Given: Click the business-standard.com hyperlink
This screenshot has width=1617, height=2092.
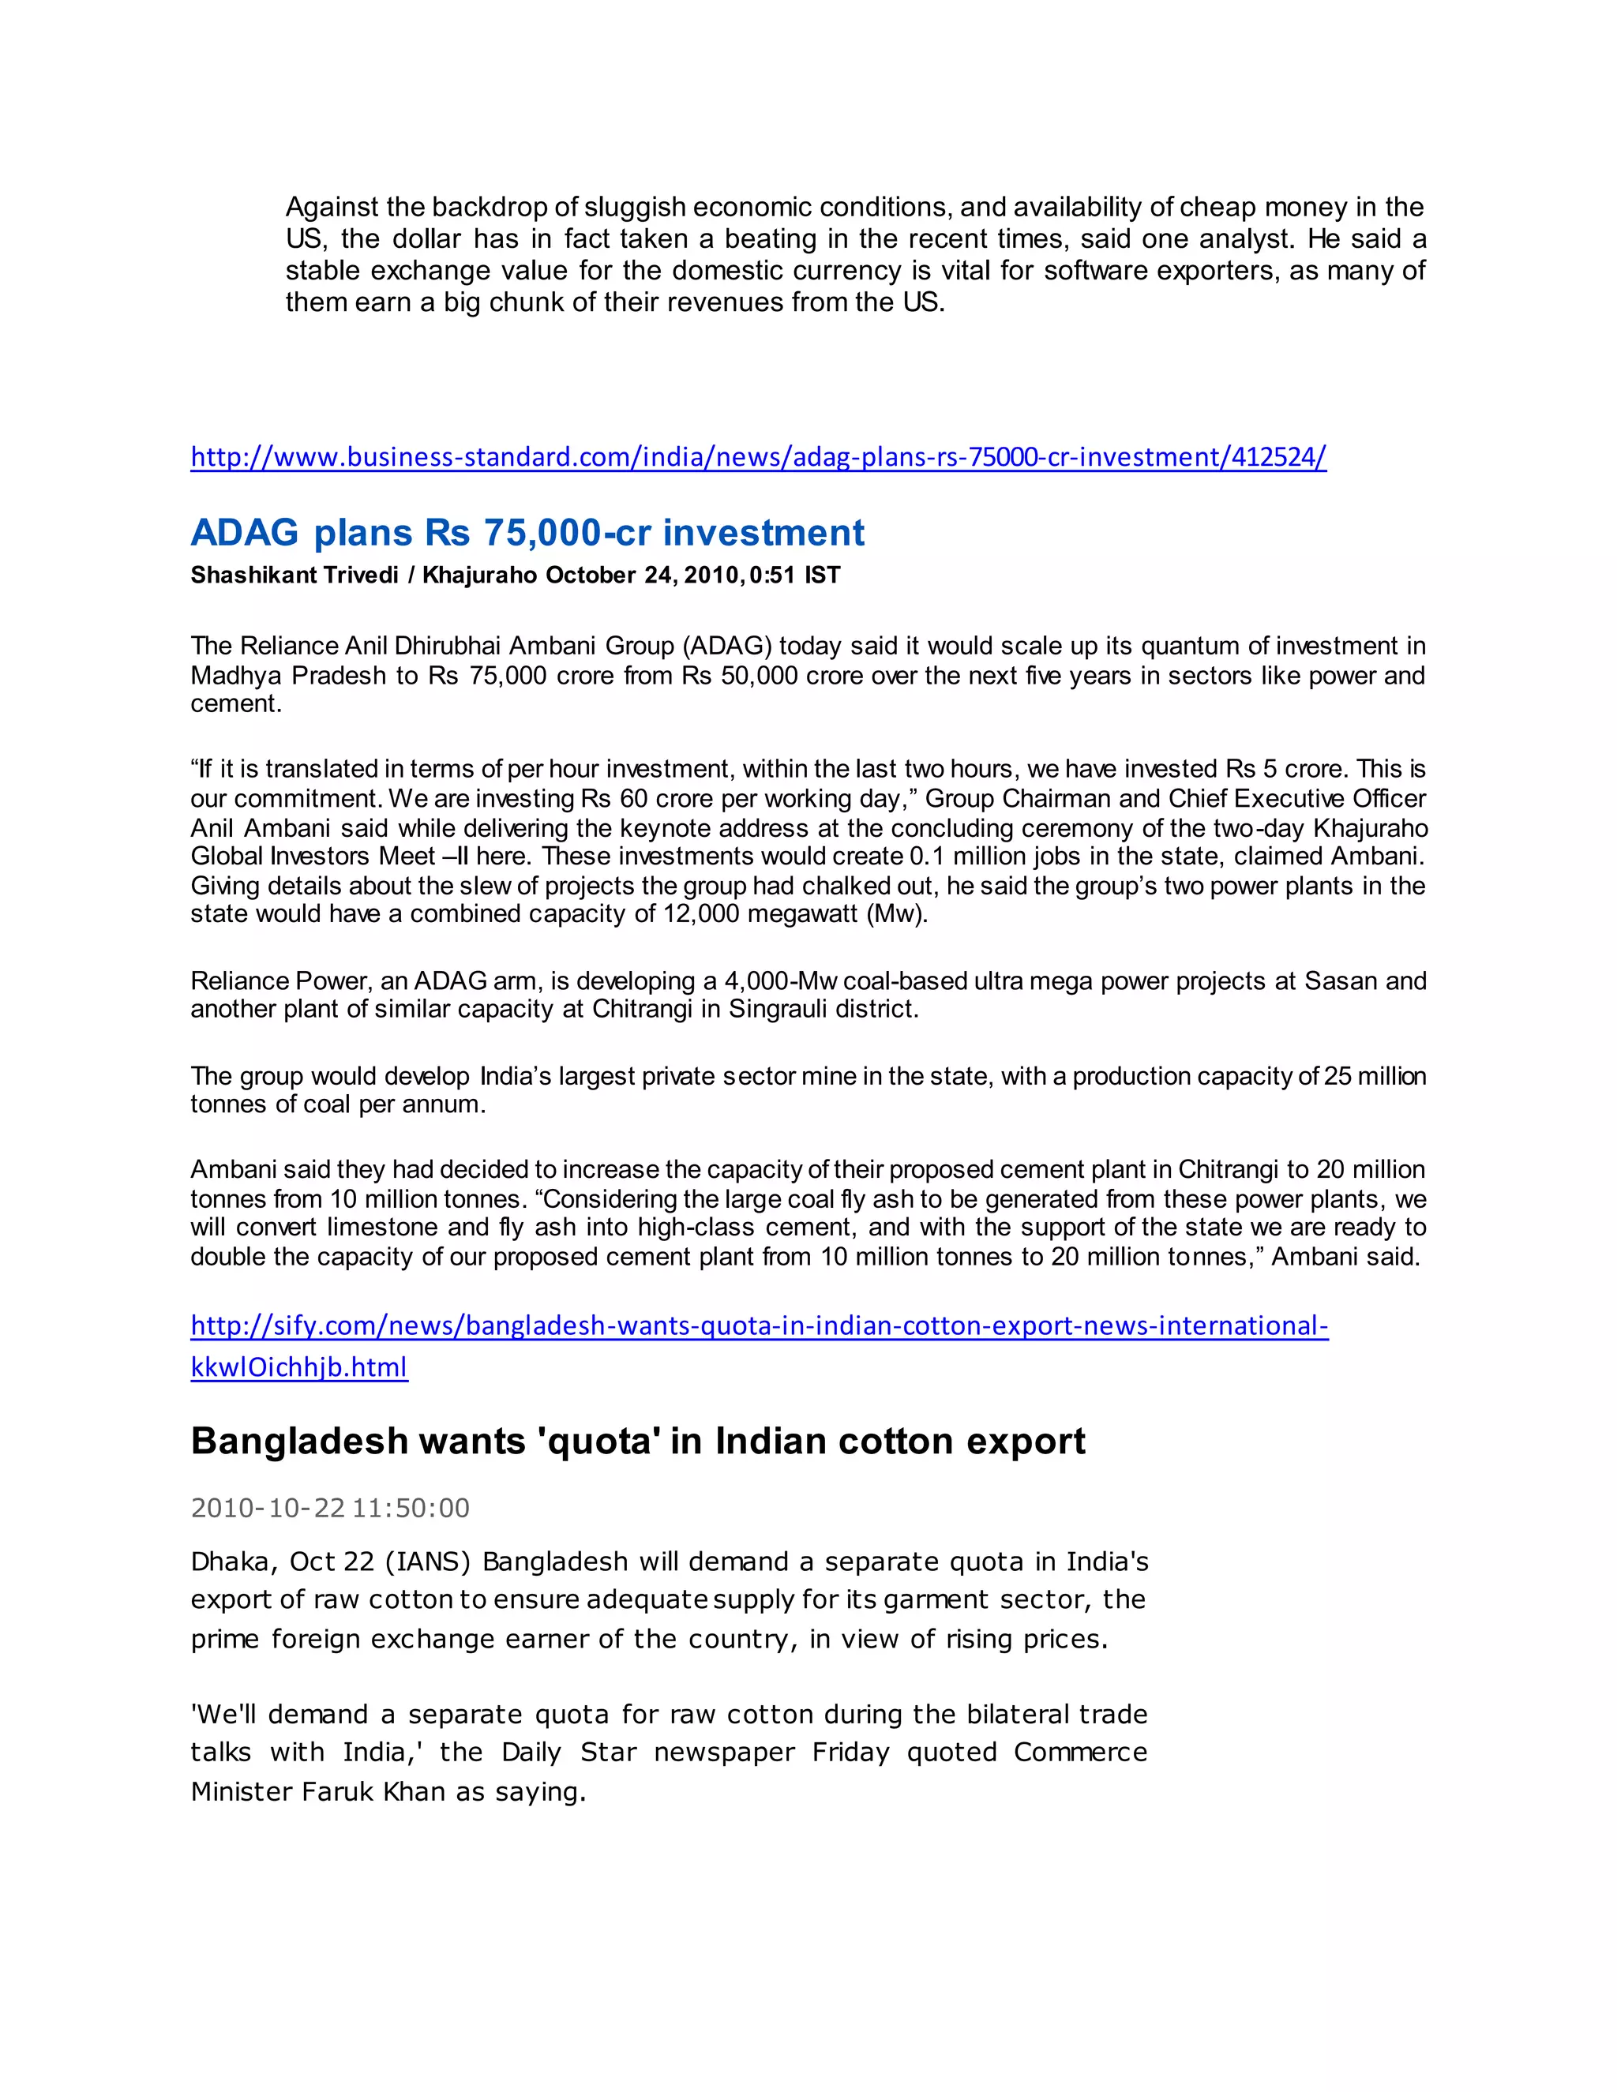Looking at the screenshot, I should point(758,457).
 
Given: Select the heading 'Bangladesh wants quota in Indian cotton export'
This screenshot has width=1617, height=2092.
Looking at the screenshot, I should point(637,1441).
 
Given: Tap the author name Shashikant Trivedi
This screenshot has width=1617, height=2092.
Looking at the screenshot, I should point(294,575).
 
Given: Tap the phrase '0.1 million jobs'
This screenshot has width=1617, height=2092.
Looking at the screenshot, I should point(996,857).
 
